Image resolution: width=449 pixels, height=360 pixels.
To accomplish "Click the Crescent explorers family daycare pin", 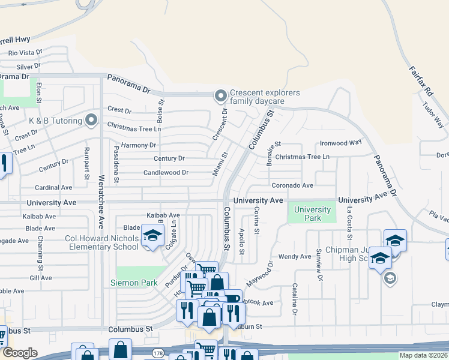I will (x=220, y=95).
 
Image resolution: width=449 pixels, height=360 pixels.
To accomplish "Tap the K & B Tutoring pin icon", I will (x=91, y=121).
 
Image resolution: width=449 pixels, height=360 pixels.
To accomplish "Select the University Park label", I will (x=312, y=214).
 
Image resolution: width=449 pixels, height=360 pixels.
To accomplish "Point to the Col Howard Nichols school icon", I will (x=152, y=235).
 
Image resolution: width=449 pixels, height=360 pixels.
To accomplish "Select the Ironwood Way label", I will (x=340, y=143).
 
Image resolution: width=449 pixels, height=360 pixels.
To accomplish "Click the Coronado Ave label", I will (x=292, y=185).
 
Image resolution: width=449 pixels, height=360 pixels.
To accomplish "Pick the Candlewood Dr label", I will (x=166, y=173).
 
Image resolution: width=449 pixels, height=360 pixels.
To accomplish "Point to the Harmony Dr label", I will (x=138, y=145).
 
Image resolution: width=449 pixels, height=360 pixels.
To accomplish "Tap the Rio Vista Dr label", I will (x=25, y=53).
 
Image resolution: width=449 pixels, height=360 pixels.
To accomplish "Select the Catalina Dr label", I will (x=295, y=299).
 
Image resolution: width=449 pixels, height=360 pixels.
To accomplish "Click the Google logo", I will (x=19, y=353).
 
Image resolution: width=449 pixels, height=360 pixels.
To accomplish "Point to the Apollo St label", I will (x=241, y=240).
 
